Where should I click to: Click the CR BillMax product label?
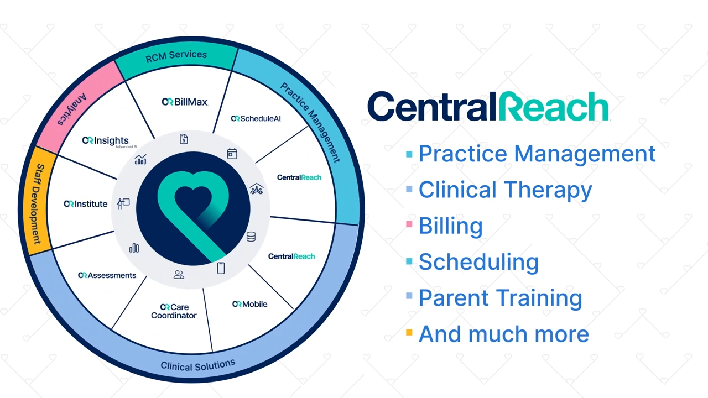click(x=185, y=102)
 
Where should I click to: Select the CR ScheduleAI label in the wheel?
click(x=256, y=118)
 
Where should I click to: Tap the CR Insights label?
click(x=110, y=142)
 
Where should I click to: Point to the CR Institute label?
click(x=86, y=204)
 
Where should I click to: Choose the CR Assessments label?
click(x=107, y=275)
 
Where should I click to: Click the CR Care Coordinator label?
click(x=174, y=311)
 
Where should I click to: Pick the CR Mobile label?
click(x=249, y=304)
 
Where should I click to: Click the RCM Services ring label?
click(x=176, y=56)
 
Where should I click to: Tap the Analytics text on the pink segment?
click(x=72, y=109)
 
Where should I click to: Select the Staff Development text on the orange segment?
click(x=37, y=204)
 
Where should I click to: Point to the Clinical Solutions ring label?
click(x=198, y=365)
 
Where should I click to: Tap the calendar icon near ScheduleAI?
click(x=232, y=154)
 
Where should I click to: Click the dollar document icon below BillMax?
click(x=184, y=139)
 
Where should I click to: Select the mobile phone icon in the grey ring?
click(x=221, y=268)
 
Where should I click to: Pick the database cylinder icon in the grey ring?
click(x=251, y=237)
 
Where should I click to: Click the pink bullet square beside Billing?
click(x=409, y=224)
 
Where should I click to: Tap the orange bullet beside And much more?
click(x=409, y=332)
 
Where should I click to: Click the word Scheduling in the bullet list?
click(x=478, y=262)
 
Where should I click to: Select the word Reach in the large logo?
click(x=554, y=106)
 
